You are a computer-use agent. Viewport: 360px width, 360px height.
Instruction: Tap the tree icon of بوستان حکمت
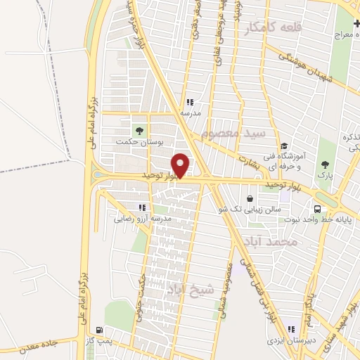(139, 129)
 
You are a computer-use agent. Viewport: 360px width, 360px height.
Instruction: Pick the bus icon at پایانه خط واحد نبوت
(318, 209)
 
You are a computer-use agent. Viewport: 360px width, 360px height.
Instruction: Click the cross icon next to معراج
(358, 23)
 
